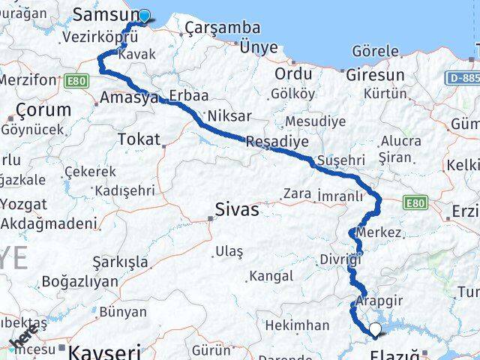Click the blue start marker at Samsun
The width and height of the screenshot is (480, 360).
[144, 15]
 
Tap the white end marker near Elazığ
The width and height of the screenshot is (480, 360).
[375, 328]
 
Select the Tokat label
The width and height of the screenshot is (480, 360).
[139, 139]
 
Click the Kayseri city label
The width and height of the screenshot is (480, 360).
[104, 351]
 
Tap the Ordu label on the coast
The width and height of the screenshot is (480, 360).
[292, 74]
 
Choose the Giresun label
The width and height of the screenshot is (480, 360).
[375, 75]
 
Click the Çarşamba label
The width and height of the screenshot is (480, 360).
[222, 28]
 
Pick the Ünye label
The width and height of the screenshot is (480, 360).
[259, 46]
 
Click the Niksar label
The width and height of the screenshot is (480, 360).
[229, 116]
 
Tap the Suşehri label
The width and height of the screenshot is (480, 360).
[340, 160]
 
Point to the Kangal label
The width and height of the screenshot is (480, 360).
[271, 277]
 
